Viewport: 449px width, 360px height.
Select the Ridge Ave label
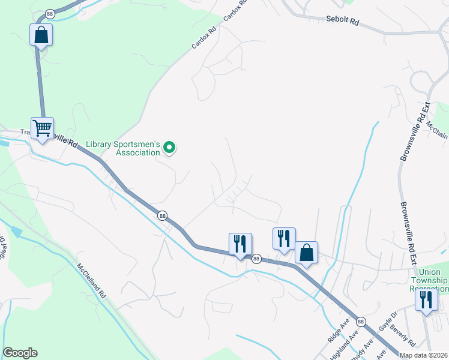339,331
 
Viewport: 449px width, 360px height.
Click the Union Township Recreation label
429,280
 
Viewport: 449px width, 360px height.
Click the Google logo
20,353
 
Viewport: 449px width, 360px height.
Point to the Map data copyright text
423,355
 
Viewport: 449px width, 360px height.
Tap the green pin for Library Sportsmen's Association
169,147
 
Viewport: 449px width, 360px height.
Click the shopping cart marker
42,128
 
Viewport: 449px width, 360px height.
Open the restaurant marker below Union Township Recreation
426,301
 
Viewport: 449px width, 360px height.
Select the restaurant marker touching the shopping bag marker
284,239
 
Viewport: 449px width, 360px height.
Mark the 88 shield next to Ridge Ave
360,321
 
